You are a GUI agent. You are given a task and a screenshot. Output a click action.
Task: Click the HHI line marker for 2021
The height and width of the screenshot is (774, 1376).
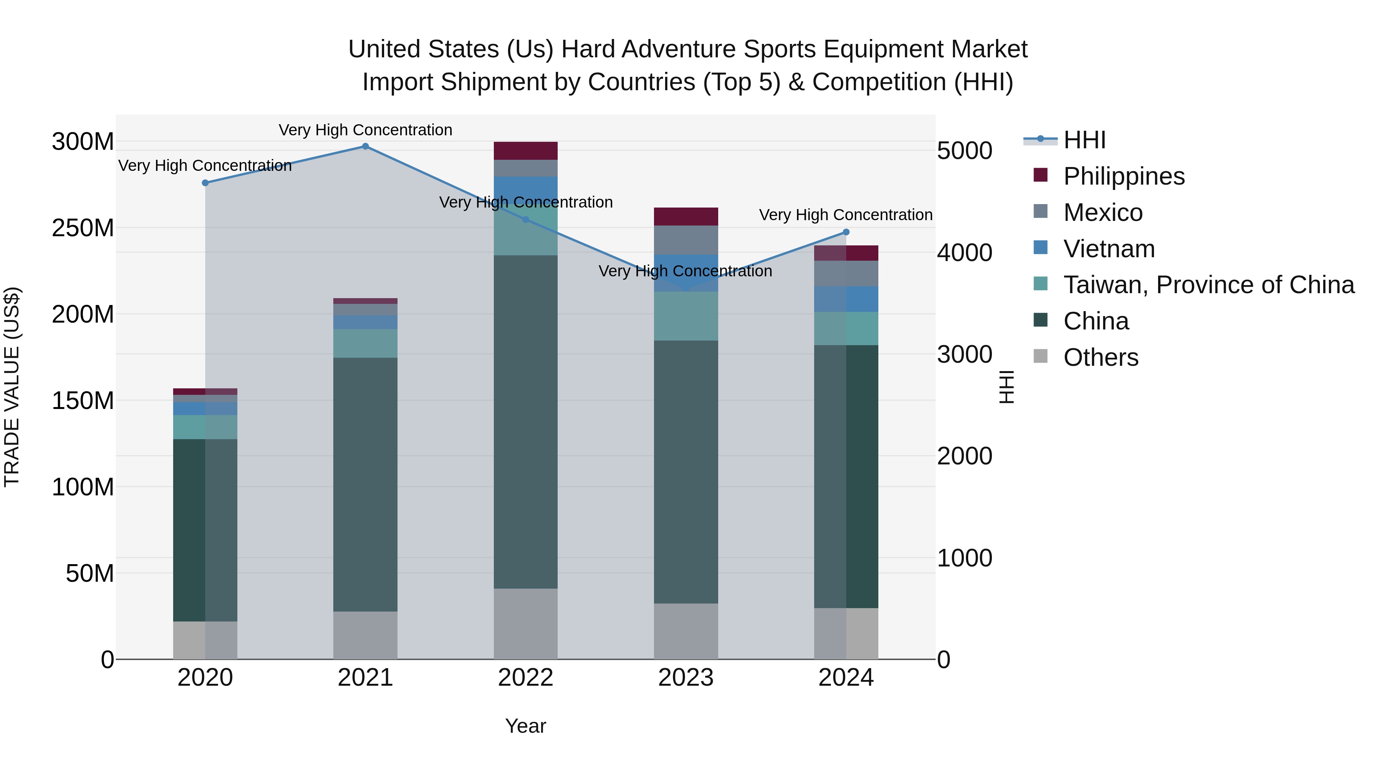pos(365,146)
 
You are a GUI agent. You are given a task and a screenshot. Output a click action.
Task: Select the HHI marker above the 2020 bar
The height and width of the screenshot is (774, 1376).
pos(205,183)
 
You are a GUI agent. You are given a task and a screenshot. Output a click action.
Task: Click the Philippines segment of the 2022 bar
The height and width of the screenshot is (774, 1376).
pos(525,151)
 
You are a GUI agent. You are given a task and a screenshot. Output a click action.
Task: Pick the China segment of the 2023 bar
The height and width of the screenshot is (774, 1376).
pos(686,472)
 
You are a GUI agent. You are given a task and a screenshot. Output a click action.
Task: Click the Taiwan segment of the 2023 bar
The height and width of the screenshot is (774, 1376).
pos(686,316)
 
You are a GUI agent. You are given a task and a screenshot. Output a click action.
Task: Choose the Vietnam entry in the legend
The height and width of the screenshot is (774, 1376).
pos(1108,249)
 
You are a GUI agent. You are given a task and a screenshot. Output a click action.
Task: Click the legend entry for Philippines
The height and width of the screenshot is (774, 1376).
pos(1123,176)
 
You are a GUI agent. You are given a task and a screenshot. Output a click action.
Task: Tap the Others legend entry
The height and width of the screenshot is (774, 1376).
pos(1100,357)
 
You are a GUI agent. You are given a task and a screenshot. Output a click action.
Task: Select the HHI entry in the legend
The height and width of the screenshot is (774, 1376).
pos(1084,140)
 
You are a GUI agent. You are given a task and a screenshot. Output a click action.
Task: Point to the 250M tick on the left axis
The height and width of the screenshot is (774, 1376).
pos(83,228)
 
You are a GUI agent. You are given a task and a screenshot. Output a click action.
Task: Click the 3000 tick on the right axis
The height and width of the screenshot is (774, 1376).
pos(964,355)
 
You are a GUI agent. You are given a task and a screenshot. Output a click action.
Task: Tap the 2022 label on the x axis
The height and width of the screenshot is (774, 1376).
pos(525,678)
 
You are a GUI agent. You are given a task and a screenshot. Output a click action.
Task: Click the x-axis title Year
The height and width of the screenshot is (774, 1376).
pos(525,726)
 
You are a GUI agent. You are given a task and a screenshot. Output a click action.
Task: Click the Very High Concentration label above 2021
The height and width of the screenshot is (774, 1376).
pos(365,130)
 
